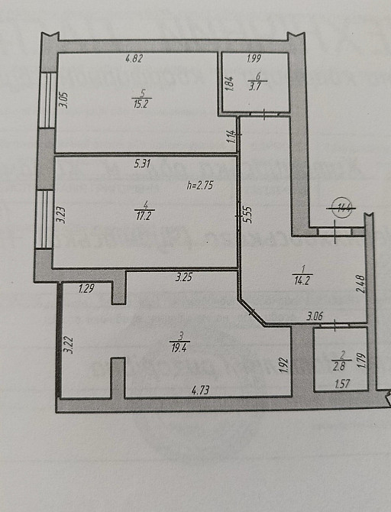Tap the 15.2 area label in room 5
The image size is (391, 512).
[140, 105]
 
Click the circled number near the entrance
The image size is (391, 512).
[341, 206]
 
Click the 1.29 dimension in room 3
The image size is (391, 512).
[89, 288]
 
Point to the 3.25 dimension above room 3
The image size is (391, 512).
[183, 277]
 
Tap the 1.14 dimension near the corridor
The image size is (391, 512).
[228, 138]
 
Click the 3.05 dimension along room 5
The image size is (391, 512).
[64, 100]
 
